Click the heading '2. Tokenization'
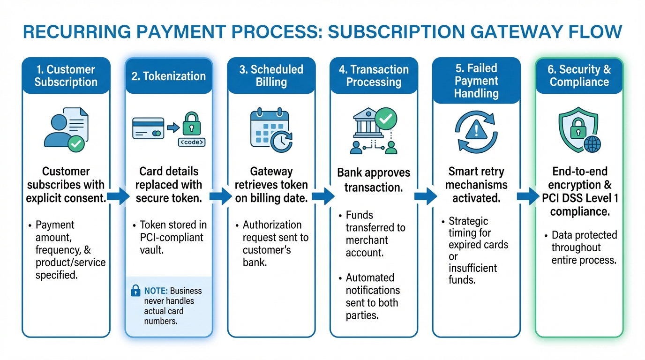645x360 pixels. pyautogui.click(x=168, y=76)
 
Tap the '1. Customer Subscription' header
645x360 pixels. pyautogui.click(x=66, y=76)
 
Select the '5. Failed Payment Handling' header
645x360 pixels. pyautogui.click(x=476, y=81)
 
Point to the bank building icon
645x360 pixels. pyautogui.click(x=365, y=124)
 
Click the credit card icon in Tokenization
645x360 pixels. pyautogui.click(x=148, y=128)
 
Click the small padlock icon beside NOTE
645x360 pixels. pyautogui.click(x=135, y=291)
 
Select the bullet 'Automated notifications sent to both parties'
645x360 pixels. pyautogui.click(x=372, y=296)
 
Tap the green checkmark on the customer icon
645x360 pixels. pyautogui.click(x=75, y=144)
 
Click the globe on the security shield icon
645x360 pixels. pyautogui.click(x=591, y=144)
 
